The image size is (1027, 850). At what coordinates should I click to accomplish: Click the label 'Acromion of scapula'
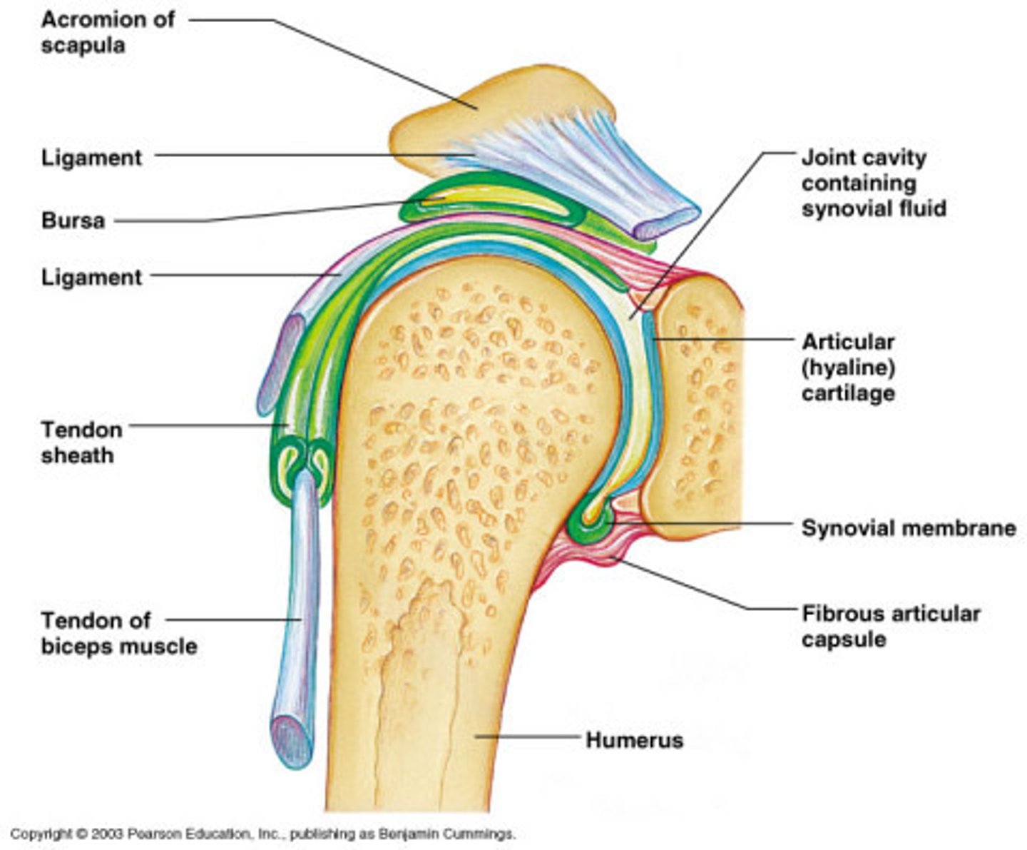click(x=107, y=32)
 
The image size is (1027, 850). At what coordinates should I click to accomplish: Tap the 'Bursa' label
click(x=73, y=220)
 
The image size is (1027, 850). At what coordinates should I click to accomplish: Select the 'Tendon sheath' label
click(x=81, y=442)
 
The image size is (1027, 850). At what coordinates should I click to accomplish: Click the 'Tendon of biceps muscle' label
click(x=118, y=632)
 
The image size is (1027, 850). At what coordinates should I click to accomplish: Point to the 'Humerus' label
click(x=634, y=739)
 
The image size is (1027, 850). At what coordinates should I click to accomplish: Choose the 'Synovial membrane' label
click(x=908, y=528)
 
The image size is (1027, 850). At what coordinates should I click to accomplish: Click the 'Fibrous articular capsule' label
click(x=890, y=626)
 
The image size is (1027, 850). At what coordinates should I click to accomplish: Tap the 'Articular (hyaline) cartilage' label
click(x=848, y=367)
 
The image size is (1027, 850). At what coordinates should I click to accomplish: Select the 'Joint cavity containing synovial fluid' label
click(x=874, y=183)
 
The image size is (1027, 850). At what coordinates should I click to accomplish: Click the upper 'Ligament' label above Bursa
click(x=91, y=157)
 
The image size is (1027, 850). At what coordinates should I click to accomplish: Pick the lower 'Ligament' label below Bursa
click(x=91, y=277)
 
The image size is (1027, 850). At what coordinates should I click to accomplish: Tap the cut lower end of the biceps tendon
click(x=292, y=742)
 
